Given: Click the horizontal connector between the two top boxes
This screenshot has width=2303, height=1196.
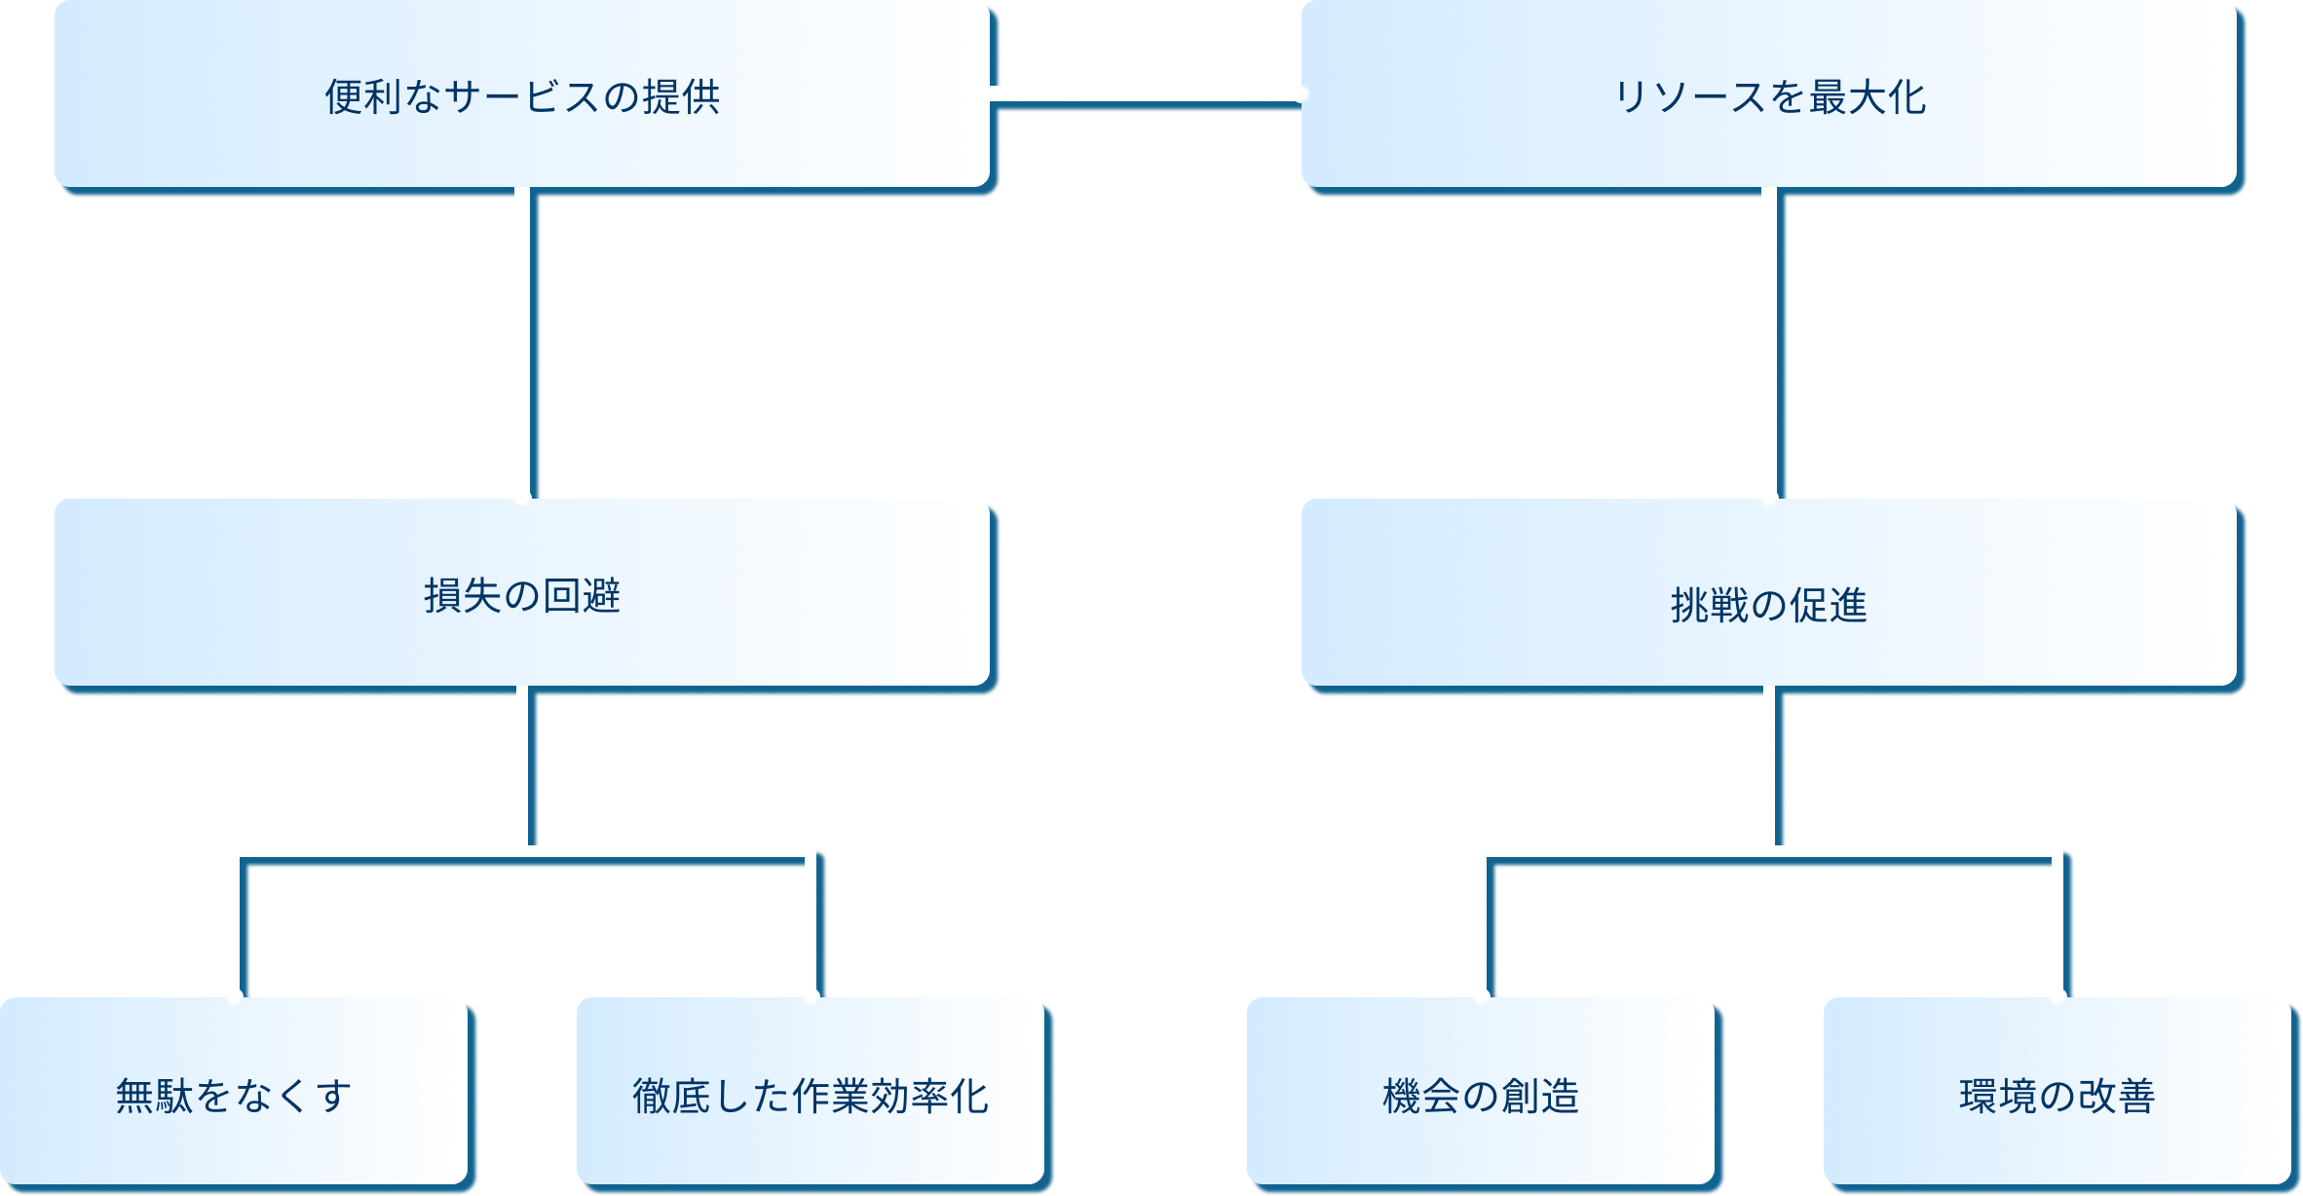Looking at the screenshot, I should [1146, 94].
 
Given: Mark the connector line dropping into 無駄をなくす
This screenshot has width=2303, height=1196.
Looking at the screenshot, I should [235, 925].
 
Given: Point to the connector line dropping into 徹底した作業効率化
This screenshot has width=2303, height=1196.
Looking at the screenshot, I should [810, 925].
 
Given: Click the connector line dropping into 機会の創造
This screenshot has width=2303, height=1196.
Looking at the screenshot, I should [1482, 925].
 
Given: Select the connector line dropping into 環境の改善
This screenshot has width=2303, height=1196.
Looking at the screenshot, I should [2057, 925].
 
